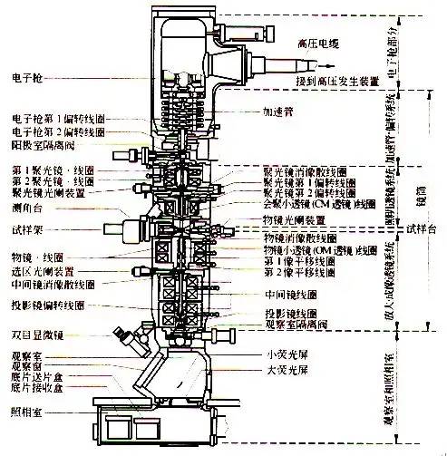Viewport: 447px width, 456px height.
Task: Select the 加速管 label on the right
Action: click(274, 114)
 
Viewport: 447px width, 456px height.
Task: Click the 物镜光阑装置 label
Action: click(294, 220)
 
